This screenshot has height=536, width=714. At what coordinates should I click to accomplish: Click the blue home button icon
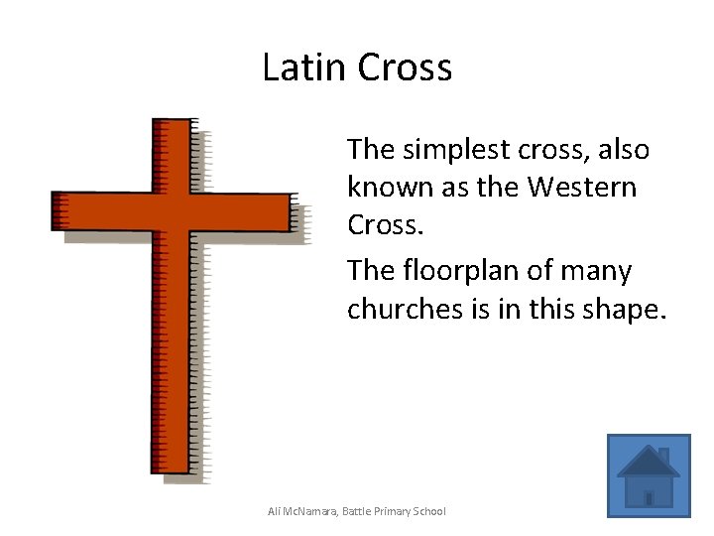pyautogui.click(x=649, y=475)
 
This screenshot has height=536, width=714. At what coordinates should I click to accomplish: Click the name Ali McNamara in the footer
pyautogui.click(x=301, y=511)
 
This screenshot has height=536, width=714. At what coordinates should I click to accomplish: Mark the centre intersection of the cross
pyautogui.click(x=171, y=211)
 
